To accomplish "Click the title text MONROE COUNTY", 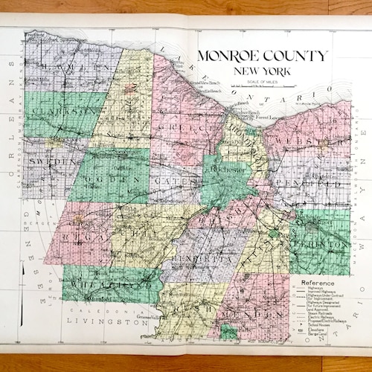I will coord(261,57).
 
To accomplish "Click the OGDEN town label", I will coord(116,179).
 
